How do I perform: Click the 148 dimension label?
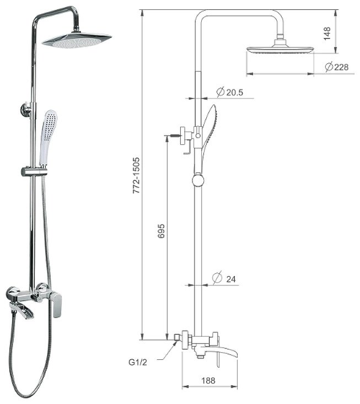point(327,33)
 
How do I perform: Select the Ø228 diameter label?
point(337,67)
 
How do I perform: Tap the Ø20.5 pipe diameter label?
point(230,91)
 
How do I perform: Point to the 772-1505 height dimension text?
point(136,175)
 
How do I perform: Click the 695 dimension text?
point(161,231)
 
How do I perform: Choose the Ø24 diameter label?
point(224,278)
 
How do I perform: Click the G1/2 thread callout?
point(138,362)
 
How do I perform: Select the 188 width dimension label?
point(208,380)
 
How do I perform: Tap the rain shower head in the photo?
point(77,40)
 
